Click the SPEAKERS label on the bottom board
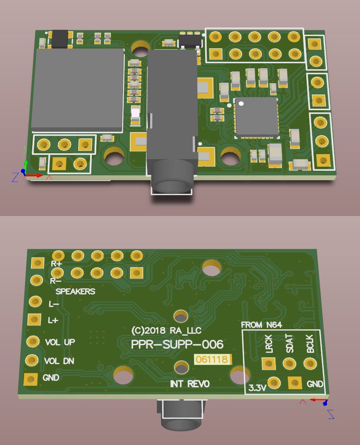click(75, 291)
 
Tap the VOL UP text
click(60, 342)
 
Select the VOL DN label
click(59, 361)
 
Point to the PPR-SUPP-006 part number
click(177, 345)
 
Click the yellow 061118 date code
click(212, 360)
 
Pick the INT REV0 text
click(190, 384)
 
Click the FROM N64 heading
click(261, 325)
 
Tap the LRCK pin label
click(269, 344)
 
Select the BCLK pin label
click(310, 344)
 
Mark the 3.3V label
click(257, 388)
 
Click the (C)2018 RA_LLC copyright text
click(166, 330)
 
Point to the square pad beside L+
click(34, 319)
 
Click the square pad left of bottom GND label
click(30, 379)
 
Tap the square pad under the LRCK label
click(269, 363)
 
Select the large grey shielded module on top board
click(78, 89)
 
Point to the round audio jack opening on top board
click(172, 186)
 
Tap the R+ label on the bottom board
click(56, 264)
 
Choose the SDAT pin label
click(289, 344)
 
